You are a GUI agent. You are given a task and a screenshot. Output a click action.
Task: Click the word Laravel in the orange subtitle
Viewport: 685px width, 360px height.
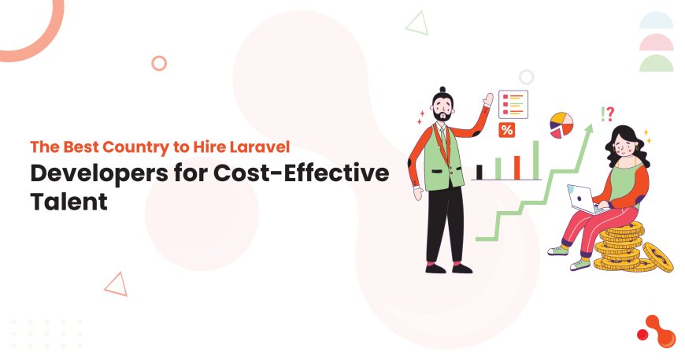[x=259, y=147]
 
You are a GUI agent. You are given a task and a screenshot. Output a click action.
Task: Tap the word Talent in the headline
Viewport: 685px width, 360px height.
[x=68, y=201]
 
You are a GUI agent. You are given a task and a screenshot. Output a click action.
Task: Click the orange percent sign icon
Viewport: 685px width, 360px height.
[x=507, y=131]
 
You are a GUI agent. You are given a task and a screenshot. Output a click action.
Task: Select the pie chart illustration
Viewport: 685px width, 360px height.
[x=561, y=124]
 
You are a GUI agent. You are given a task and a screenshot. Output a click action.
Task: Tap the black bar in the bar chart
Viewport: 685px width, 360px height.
[x=479, y=171]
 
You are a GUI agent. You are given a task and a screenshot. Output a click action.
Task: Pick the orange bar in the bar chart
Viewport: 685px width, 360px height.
[x=517, y=166]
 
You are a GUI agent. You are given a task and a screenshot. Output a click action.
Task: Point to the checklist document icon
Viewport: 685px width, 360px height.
[x=513, y=104]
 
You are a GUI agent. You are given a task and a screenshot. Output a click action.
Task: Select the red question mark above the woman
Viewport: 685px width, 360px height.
[x=610, y=114]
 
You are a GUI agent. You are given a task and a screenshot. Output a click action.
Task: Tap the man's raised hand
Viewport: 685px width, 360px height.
[x=488, y=99]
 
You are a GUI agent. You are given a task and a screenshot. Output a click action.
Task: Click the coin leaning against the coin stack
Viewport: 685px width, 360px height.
[x=658, y=257]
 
